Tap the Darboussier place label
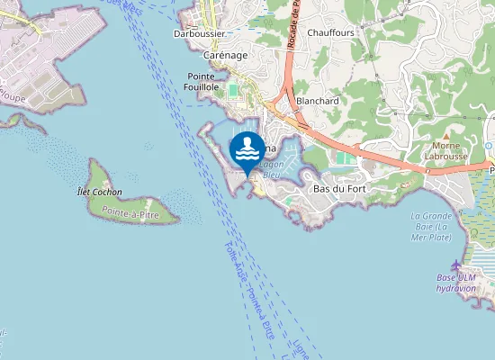coord(200,33)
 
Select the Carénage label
coord(226,55)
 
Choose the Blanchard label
coord(317,101)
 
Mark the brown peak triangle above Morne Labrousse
coord(445,134)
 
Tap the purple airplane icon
coord(456,265)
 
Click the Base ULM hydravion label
coord(456,283)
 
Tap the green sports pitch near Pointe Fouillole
coord(235,91)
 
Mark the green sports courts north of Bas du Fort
coord(346,158)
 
